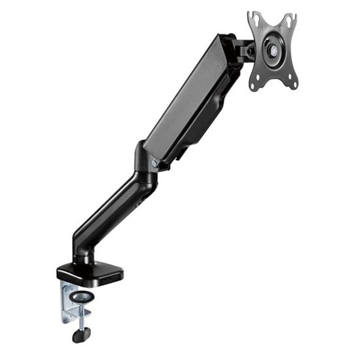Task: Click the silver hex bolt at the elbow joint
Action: point(154,163)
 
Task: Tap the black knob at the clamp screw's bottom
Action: point(81,335)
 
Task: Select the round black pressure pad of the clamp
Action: point(83,297)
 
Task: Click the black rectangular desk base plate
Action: point(90,273)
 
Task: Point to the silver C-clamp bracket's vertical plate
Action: point(66,301)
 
